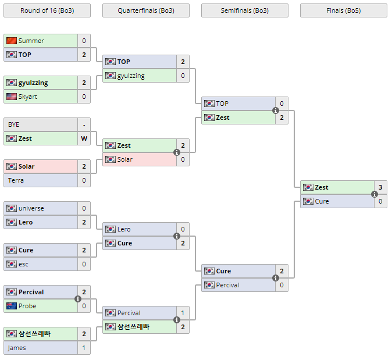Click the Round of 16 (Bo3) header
coord(47,10)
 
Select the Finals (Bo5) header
coord(343,10)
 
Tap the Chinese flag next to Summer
coord(12,41)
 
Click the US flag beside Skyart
coord(12,97)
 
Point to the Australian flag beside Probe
coord(12,306)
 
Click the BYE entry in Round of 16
coord(14,124)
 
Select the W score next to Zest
coord(84,138)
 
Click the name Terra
coord(16,180)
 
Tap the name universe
coord(31,208)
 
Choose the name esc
coord(24,264)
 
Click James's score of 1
coord(84,348)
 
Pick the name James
coord(17,348)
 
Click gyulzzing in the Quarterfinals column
coord(131,76)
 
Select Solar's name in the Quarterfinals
coord(124,159)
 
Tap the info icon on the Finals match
coord(375,194)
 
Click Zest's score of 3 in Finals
coord(380,187)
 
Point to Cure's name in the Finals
coord(322,201)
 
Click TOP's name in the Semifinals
coord(222,104)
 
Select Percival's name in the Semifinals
coord(227,285)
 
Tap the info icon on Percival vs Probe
coord(78,299)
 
